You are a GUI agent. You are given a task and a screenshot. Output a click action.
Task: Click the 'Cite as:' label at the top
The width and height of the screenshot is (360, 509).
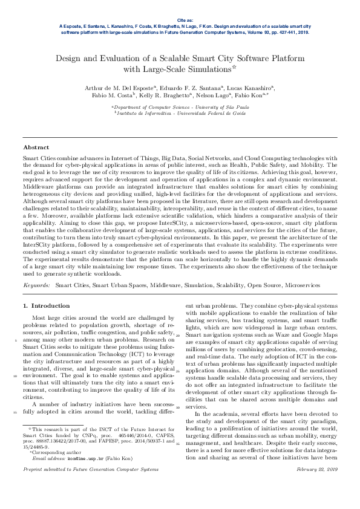coord(180,21)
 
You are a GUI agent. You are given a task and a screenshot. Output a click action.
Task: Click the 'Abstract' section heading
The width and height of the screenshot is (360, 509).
coord(36,148)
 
